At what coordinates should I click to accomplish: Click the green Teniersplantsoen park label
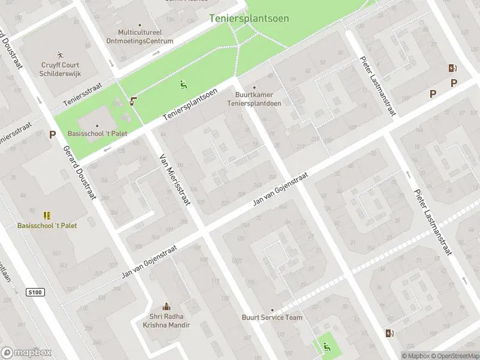249,19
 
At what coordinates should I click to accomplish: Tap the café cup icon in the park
133,100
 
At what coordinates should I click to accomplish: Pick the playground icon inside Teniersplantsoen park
183,84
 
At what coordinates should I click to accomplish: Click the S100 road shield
36,292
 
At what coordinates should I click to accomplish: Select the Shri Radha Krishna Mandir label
166,321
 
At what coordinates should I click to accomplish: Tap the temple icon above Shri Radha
166,306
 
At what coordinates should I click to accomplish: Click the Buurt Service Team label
272,317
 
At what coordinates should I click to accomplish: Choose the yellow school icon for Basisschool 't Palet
47,215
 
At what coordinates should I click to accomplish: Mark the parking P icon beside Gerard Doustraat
53,135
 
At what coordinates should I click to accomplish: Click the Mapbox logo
26,353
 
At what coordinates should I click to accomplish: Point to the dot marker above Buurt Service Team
272,310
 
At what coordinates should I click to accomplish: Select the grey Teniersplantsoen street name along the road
190,104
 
